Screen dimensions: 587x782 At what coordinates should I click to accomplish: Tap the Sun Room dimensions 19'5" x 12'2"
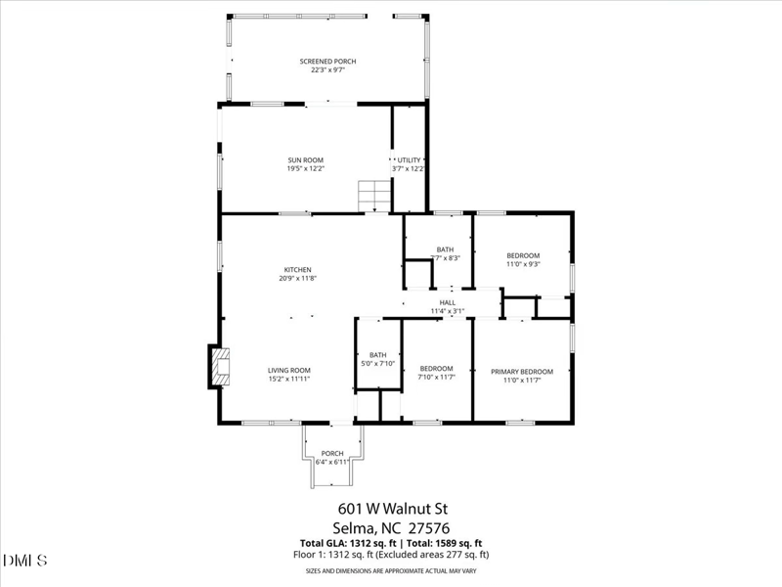click(x=305, y=169)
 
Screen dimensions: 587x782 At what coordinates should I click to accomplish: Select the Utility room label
click(x=409, y=159)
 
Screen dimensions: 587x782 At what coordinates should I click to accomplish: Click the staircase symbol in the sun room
click(x=373, y=196)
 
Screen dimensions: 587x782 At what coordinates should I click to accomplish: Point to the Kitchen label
click(x=297, y=269)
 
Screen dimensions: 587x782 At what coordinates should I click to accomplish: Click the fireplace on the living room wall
click(x=217, y=366)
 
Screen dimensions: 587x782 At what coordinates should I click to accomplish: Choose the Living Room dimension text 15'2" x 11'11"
click(x=289, y=379)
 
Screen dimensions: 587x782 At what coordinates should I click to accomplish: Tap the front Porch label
click(x=332, y=453)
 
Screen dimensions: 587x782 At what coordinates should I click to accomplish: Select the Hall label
click(x=448, y=302)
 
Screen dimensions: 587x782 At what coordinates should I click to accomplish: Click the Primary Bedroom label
click(x=522, y=371)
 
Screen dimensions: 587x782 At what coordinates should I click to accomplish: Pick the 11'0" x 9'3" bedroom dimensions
click(x=523, y=264)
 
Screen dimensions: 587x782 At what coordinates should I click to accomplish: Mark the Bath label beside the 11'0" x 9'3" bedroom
click(x=445, y=249)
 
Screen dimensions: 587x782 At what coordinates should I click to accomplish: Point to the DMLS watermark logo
click(x=26, y=561)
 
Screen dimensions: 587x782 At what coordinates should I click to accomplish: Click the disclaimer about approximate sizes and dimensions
click(x=391, y=570)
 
